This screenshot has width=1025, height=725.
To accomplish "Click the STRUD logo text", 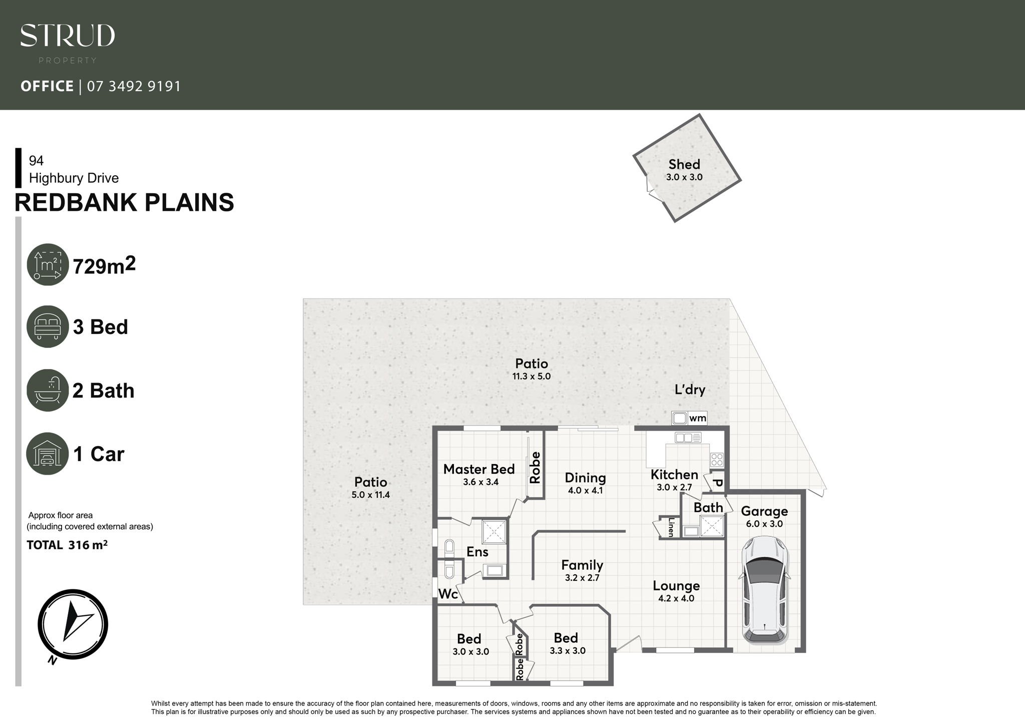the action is (x=68, y=36).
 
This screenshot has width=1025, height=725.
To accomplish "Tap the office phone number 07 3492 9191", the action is (x=134, y=87).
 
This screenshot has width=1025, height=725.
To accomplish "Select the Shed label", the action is (x=684, y=164).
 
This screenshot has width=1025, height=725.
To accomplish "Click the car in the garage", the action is (x=764, y=590).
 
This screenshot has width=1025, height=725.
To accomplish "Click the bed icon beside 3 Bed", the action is (x=48, y=327).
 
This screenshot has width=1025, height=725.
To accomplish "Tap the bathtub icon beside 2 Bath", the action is (x=48, y=390).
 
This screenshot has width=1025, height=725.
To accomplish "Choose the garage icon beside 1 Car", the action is (x=48, y=454).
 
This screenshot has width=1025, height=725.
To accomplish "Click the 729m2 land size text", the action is (x=105, y=266).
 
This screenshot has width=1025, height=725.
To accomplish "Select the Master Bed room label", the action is (x=479, y=469).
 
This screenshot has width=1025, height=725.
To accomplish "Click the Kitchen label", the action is (x=674, y=475).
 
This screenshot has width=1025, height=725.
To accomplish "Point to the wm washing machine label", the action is (x=698, y=418).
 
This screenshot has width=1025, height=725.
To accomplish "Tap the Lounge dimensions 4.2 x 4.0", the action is (x=676, y=598).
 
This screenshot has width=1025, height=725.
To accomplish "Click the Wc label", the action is (x=448, y=594).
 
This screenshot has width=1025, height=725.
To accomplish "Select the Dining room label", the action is (x=585, y=478).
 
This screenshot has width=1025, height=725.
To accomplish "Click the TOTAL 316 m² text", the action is (x=67, y=545).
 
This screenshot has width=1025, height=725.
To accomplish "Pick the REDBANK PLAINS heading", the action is (x=124, y=203).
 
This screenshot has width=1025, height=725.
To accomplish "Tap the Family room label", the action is (x=582, y=565).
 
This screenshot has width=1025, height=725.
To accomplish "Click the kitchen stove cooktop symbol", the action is (x=717, y=460).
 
